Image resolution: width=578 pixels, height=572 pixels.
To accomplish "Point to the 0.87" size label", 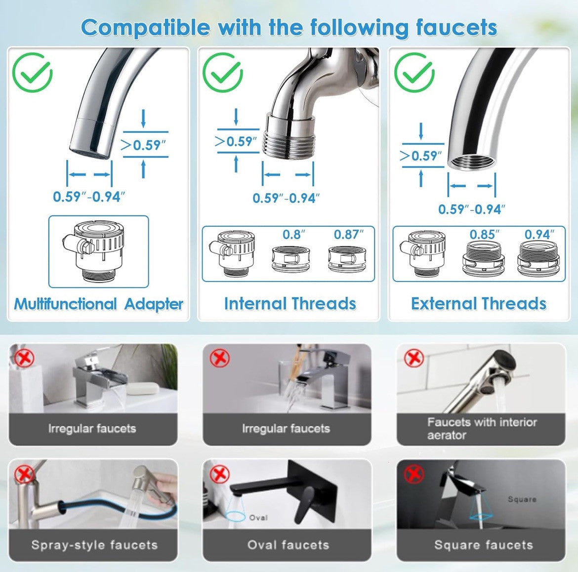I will (x=348, y=235).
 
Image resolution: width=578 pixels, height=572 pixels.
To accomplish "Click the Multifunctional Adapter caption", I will (x=99, y=304).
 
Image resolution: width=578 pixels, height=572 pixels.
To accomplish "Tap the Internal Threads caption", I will (x=290, y=304).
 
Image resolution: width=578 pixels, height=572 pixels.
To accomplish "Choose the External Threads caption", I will (x=479, y=304).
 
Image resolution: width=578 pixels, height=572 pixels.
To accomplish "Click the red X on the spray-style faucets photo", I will (x=24, y=475).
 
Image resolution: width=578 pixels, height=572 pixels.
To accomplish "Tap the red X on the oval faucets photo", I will (x=220, y=475).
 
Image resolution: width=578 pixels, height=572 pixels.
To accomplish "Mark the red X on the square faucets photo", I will (x=414, y=475).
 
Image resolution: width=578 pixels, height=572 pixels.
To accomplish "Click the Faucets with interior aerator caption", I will (x=482, y=428).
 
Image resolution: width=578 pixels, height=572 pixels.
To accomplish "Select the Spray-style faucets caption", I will (x=94, y=545).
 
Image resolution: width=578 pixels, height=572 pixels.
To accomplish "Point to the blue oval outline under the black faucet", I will (x=236, y=517).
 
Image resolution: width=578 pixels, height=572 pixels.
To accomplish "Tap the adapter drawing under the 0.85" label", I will (x=484, y=259).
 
